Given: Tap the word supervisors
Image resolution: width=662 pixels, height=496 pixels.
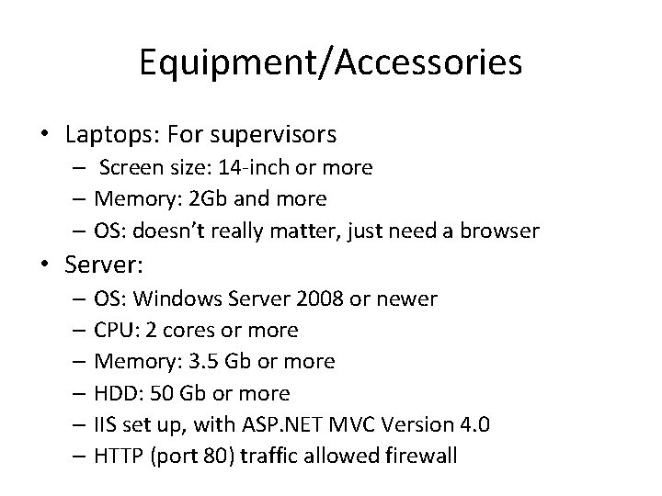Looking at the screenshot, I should coord(274,135).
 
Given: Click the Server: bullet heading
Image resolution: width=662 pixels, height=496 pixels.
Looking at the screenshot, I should coord(104,265).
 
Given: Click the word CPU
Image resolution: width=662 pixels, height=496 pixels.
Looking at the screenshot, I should coord(113,329).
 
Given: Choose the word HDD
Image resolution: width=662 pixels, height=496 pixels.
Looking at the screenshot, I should coord(114,393).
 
